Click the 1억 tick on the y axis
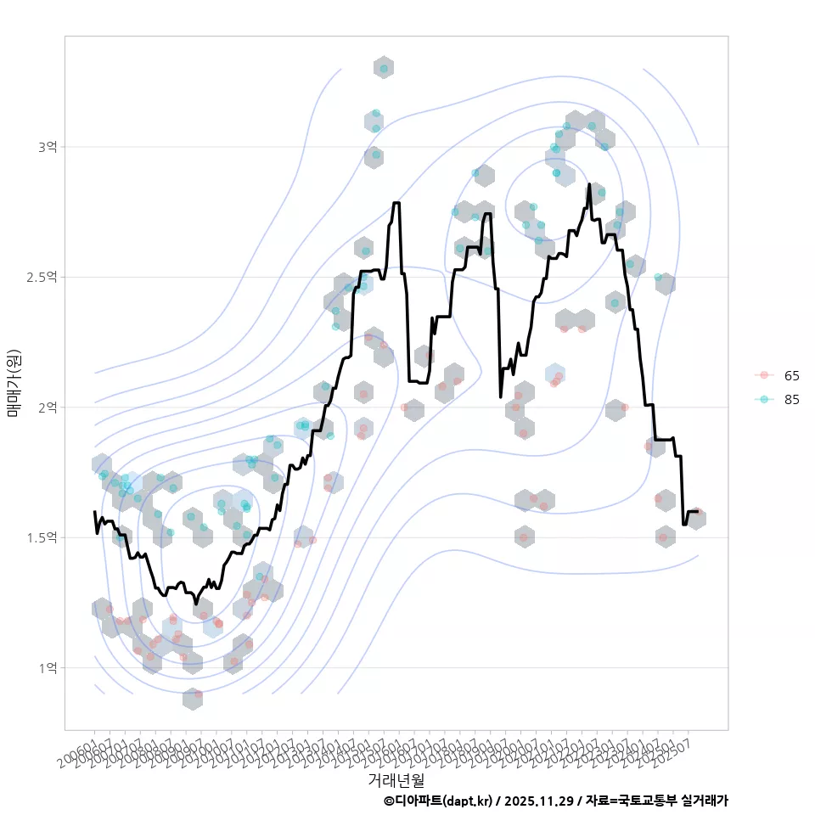(48, 668)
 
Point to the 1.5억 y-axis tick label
(43, 537)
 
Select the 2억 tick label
(48, 407)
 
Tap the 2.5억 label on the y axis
(43, 277)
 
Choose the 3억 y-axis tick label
(48, 147)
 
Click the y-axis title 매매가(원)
(14, 383)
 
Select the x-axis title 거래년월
(396, 779)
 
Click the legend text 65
(791, 375)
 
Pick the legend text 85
(791, 399)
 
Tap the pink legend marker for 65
(764, 375)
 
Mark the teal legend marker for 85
(764, 399)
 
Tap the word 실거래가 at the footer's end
(706, 801)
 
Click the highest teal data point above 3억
(384, 68)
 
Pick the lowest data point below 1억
(198, 694)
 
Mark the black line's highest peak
(589, 184)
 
